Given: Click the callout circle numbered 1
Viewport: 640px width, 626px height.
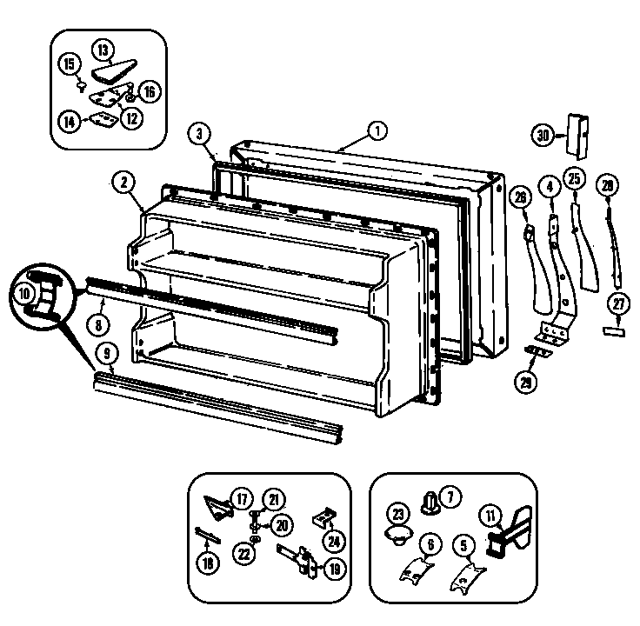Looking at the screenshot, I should [377, 132].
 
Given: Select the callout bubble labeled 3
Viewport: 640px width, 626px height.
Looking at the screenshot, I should [199, 133].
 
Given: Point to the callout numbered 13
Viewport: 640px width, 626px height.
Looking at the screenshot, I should [103, 50].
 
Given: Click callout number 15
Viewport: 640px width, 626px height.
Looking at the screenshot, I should [69, 63].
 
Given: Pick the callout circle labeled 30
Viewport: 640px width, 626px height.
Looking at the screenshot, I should [543, 135].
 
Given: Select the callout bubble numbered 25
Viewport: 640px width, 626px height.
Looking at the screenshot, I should [574, 181].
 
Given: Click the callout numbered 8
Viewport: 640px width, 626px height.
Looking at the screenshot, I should [98, 325].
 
